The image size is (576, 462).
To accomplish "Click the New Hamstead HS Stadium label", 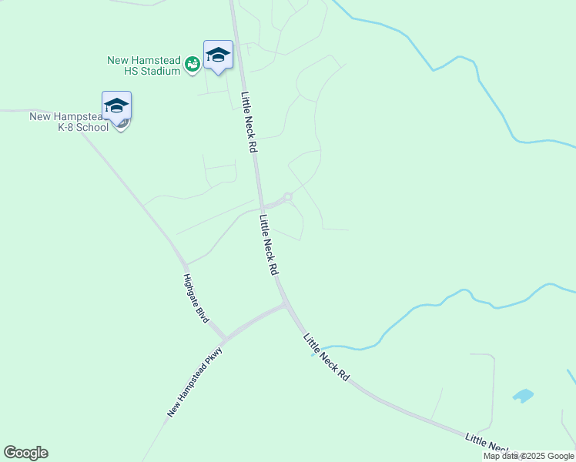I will (143, 65).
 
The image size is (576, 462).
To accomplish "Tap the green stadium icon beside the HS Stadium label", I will (193, 65).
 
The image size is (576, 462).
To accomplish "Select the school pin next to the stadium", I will (218, 55).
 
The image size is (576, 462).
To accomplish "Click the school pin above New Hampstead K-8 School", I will (116, 105).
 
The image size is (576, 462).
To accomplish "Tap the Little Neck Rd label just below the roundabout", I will (268, 245).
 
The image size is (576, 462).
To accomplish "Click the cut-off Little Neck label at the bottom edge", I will (489, 444).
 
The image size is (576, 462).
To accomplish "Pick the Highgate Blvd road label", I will (196, 298).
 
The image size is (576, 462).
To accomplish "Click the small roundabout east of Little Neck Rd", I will (288, 197).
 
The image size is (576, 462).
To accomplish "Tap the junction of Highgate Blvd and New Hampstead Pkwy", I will (224, 338).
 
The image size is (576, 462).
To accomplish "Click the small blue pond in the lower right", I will (523, 396).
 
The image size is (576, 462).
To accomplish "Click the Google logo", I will (25, 453).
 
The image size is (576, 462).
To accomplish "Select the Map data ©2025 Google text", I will (529, 456).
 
